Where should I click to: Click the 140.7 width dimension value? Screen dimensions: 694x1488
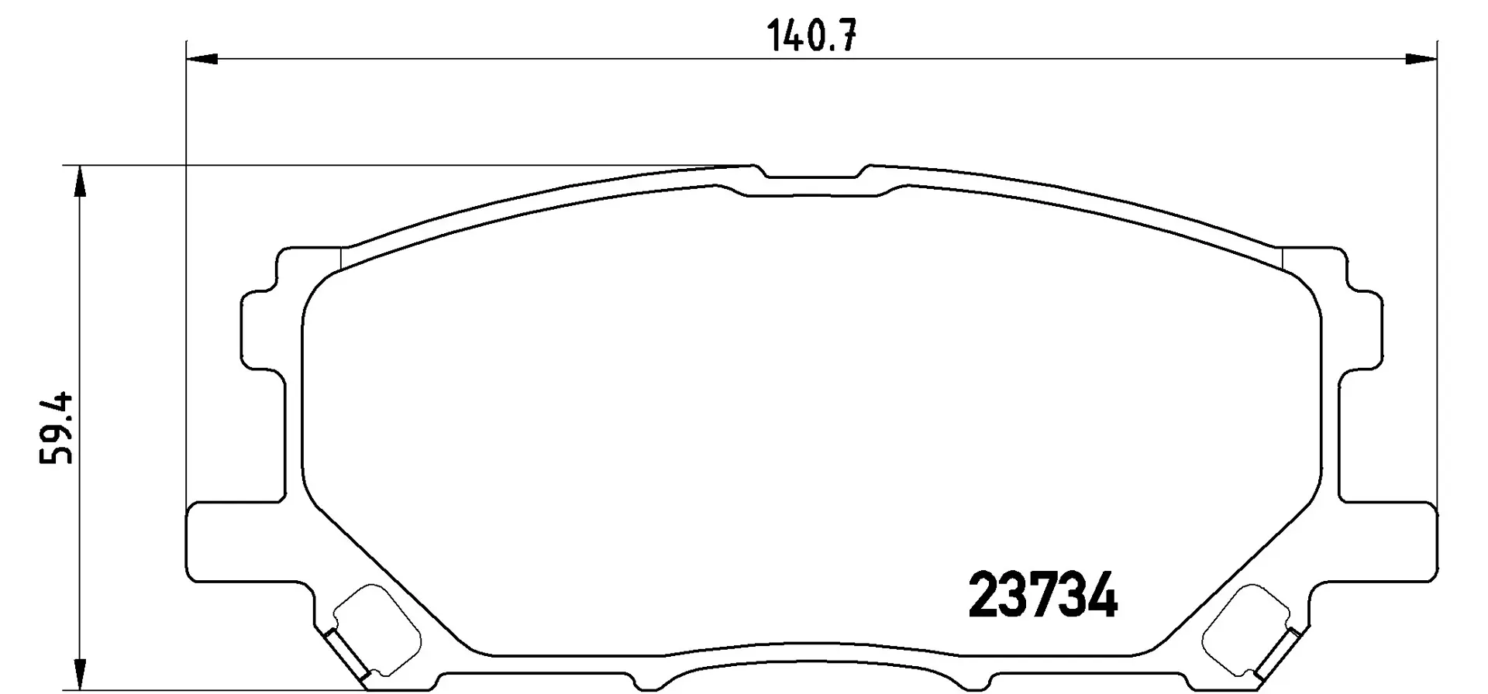(x=811, y=36)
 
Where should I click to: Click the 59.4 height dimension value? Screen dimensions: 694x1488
(x=57, y=428)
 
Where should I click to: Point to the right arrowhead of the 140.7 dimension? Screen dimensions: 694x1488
(x=1421, y=59)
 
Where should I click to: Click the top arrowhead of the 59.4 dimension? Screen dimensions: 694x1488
(x=77, y=181)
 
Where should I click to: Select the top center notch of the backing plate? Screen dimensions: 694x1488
(x=811, y=172)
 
